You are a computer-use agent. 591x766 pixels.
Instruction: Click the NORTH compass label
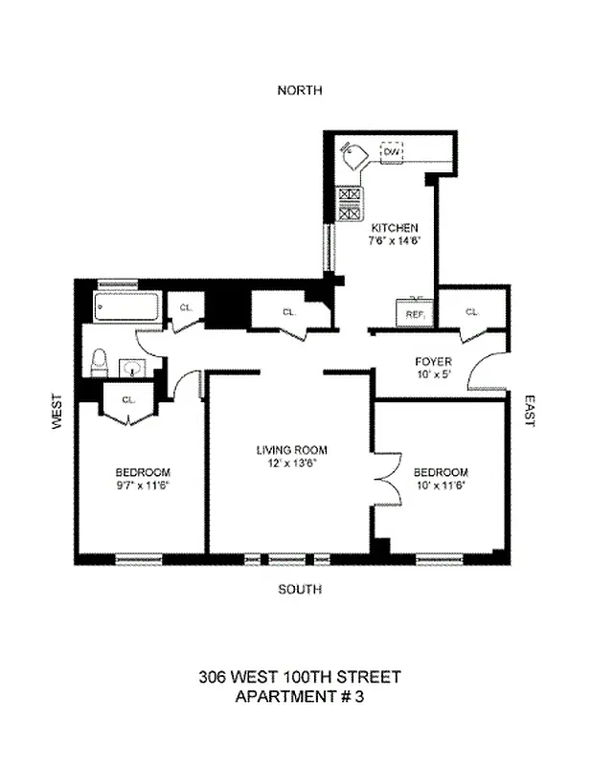tap(299, 90)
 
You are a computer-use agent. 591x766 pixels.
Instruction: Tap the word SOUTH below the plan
tap(299, 589)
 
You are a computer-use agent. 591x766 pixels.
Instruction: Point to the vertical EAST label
tap(529, 410)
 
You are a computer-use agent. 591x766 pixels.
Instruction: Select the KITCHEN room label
tap(395, 228)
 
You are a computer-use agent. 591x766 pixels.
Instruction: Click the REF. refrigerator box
tap(415, 313)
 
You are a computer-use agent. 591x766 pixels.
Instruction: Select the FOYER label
tap(433, 361)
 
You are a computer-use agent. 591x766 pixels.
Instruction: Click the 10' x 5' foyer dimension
tap(433, 374)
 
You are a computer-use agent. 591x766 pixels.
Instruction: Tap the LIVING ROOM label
tap(291, 450)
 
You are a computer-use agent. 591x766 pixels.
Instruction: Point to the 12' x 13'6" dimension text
tap(291, 462)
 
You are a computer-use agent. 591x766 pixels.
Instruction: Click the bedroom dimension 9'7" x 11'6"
tap(143, 484)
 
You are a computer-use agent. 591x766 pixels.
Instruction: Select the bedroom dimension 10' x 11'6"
tap(441, 484)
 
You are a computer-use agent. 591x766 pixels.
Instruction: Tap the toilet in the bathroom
tap(98, 363)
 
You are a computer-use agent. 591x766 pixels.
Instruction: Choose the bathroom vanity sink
tap(133, 366)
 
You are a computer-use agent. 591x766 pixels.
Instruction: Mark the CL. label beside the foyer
tap(471, 312)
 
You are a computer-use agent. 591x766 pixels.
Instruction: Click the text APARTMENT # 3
tap(299, 697)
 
